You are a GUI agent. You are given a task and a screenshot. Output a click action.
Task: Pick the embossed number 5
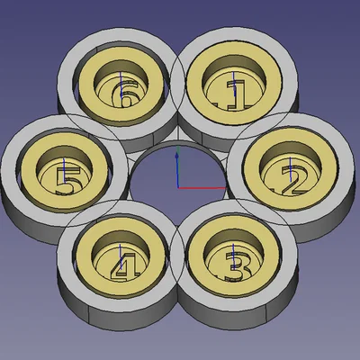(x=68, y=179)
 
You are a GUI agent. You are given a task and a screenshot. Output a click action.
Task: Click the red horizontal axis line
(x=202, y=188)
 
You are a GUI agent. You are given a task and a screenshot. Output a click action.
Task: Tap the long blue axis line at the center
(x=177, y=170)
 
